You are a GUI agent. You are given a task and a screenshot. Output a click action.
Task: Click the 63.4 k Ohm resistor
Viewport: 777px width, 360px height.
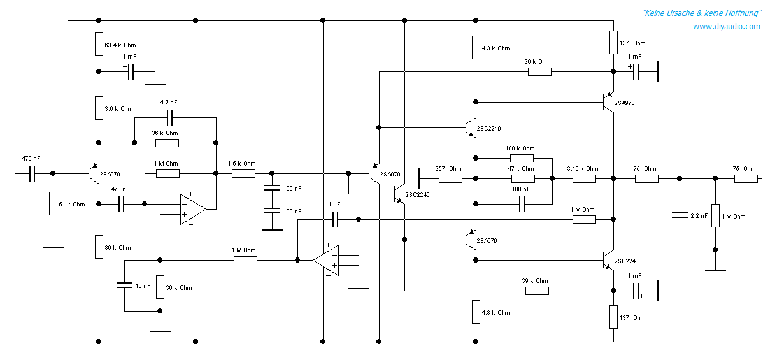pos(99,45)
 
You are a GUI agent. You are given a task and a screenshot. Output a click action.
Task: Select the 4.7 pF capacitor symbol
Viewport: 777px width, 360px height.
pos(169,118)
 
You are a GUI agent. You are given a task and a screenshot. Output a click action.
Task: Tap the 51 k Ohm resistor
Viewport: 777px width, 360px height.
pos(53,203)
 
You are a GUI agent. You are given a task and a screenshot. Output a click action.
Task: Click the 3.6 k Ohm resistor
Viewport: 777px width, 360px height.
pos(99,108)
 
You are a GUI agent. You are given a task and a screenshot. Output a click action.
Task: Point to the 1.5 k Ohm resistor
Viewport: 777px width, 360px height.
pos(243,173)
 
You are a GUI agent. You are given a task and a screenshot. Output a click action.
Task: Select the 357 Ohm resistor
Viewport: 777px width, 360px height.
pos(450,179)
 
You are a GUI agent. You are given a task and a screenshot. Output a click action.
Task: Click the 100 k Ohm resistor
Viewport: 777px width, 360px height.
pos(522,158)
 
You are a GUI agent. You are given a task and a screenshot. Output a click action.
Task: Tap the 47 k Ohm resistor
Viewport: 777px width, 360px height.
pos(523,179)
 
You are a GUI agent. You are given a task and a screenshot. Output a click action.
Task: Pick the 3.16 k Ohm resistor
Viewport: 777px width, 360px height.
pos(584,179)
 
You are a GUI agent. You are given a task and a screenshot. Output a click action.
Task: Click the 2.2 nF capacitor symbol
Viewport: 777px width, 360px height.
pos(680,215)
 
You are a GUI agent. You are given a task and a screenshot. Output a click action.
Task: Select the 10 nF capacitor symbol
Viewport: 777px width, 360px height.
pos(125,285)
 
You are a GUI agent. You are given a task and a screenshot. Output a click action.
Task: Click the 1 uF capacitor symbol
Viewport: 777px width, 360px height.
pos(335,219)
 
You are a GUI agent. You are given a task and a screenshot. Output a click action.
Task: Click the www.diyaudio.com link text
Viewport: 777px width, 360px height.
pos(726,27)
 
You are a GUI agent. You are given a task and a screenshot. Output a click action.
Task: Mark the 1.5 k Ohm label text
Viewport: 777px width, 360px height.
pos(242,164)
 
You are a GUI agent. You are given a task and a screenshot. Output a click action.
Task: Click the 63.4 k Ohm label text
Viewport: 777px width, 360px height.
pos(120,45)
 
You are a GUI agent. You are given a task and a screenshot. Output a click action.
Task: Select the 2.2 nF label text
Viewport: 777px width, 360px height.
pos(699,216)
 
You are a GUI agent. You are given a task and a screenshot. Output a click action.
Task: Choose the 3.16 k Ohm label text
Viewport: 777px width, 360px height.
pos(583,169)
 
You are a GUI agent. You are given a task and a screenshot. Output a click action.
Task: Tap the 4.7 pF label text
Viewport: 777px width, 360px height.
pos(169,103)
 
